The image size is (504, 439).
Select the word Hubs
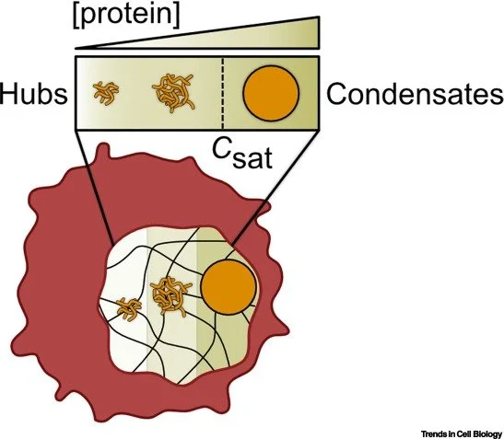35,95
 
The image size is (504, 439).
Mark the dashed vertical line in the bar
222,96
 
